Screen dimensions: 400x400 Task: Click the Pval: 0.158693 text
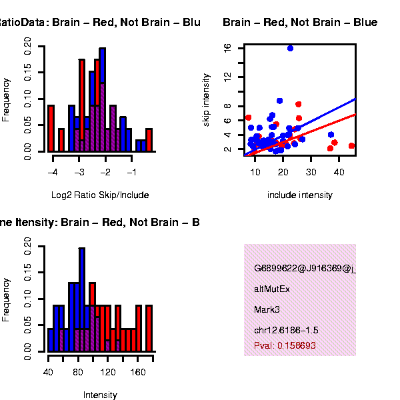(x=285, y=346)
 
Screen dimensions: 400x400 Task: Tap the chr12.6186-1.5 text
(x=286, y=331)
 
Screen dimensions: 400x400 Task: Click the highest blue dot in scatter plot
(x=290, y=48)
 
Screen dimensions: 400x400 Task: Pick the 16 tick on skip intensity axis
(x=228, y=48)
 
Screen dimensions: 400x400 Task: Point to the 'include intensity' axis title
(x=299, y=195)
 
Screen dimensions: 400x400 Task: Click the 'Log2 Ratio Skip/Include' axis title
(x=100, y=195)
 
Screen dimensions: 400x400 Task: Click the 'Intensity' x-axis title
(x=100, y=395)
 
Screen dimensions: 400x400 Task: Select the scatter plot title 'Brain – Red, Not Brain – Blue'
(x=300, y=23)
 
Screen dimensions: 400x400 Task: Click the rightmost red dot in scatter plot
(x=351, y=146)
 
